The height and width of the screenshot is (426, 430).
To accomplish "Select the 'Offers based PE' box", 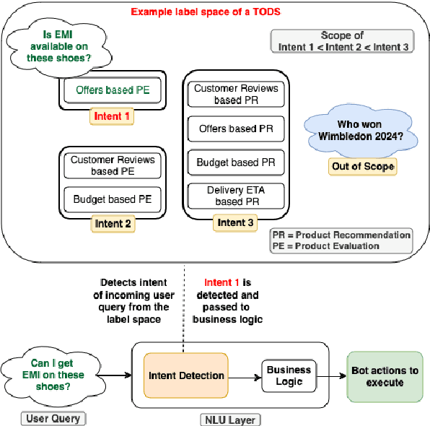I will coord(113,91).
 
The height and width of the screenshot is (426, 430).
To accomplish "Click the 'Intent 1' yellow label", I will coord(113,116).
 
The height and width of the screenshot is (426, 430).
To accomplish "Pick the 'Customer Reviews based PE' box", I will coord(112,165).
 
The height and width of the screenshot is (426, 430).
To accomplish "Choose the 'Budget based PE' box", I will coord(112,197).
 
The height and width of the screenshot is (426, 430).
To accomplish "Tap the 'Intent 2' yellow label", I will coord(113,224).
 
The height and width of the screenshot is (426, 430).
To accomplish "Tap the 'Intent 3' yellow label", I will coord(234,223).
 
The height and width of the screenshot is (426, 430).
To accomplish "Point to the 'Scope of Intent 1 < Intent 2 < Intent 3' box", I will coord(343,41).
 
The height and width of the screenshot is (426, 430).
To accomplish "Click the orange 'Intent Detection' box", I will coord(185,375).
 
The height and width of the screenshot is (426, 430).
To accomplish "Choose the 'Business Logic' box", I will coord(289,375).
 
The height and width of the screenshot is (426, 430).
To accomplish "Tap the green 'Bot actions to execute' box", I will coord(385,376).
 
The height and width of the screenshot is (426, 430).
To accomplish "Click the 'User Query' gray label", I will coord(52,418).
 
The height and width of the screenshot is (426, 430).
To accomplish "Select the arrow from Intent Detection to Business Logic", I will coord(244,375).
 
